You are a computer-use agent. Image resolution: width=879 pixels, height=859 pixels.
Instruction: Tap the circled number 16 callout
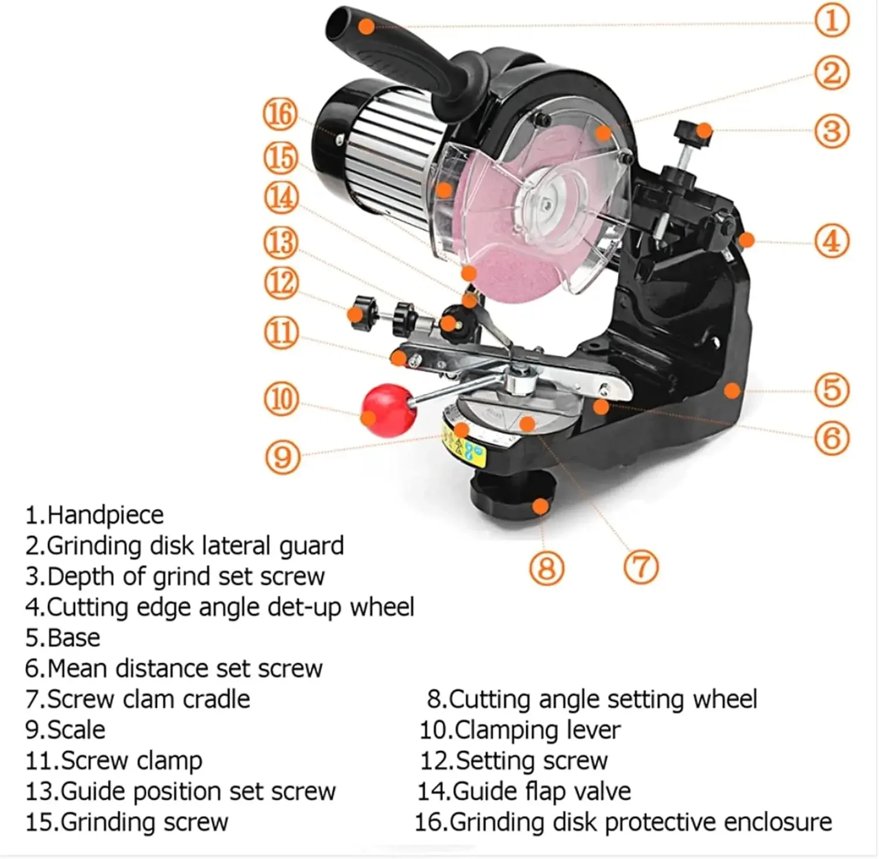coord(280,114)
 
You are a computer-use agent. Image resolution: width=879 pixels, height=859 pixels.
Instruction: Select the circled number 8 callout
coord(546,568)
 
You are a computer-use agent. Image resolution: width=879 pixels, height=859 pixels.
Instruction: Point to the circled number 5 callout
coord(832,390)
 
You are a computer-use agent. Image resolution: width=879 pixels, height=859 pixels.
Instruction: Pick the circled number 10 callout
coord(282,399)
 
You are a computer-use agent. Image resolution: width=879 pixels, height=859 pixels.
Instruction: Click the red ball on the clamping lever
coord(387,410)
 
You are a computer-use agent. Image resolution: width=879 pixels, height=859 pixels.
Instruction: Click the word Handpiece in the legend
coord(105,515)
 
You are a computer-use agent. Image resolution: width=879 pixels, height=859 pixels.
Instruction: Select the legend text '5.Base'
coord(63,638)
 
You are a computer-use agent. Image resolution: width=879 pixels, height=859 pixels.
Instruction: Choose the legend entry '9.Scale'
coord(66,730)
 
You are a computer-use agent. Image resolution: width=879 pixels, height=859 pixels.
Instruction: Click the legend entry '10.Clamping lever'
coord(520,730)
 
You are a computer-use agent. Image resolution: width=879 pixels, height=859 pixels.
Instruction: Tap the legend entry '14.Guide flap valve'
coord(524,792)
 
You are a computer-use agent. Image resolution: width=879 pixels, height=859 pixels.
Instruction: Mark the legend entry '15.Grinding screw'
coord(127,822)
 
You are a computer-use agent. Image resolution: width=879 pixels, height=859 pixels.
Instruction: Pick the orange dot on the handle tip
coord(366,26)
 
